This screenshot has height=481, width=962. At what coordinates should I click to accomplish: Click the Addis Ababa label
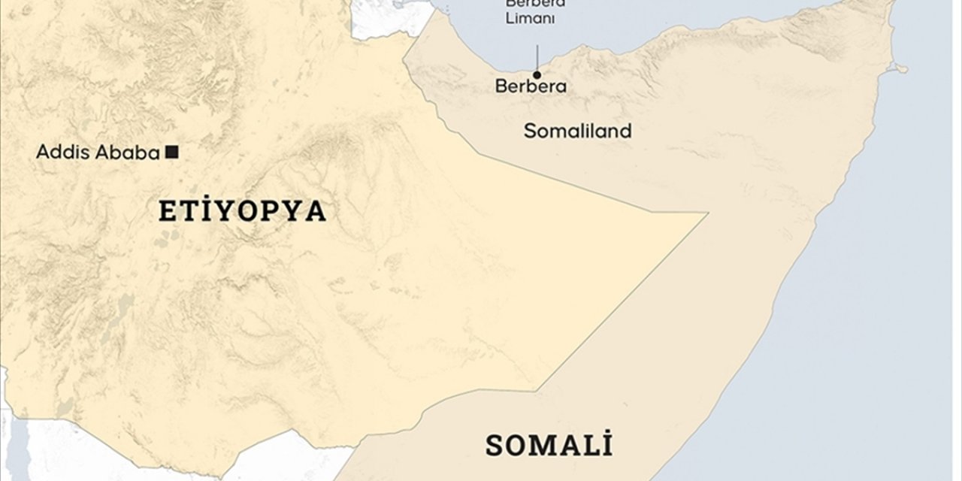(x=98, y=153)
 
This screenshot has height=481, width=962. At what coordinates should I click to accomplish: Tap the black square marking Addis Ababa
(x=171, y=153)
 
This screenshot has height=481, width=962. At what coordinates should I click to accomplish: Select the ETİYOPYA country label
(x=242, y=212)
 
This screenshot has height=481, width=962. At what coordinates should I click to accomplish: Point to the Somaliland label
(x=577, y=131)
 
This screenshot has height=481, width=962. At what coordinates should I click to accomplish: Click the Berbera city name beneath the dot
(x=531, y=86)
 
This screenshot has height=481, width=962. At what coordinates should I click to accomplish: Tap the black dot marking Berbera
(x=537, y=74)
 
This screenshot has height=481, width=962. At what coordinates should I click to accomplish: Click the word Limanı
(x=530, y=19)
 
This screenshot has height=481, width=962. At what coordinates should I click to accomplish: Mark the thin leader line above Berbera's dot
(x=537, y=56)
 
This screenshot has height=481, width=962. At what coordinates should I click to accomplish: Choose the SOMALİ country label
(x=549, y=446)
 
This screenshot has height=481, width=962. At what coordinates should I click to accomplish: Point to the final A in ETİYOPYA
(x=318, y=212)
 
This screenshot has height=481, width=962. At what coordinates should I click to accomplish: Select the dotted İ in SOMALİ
(x=606, y=444)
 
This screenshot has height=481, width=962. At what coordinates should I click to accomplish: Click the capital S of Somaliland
(x=529, y=131)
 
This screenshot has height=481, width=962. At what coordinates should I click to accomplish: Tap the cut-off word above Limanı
(x=535, y=3)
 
